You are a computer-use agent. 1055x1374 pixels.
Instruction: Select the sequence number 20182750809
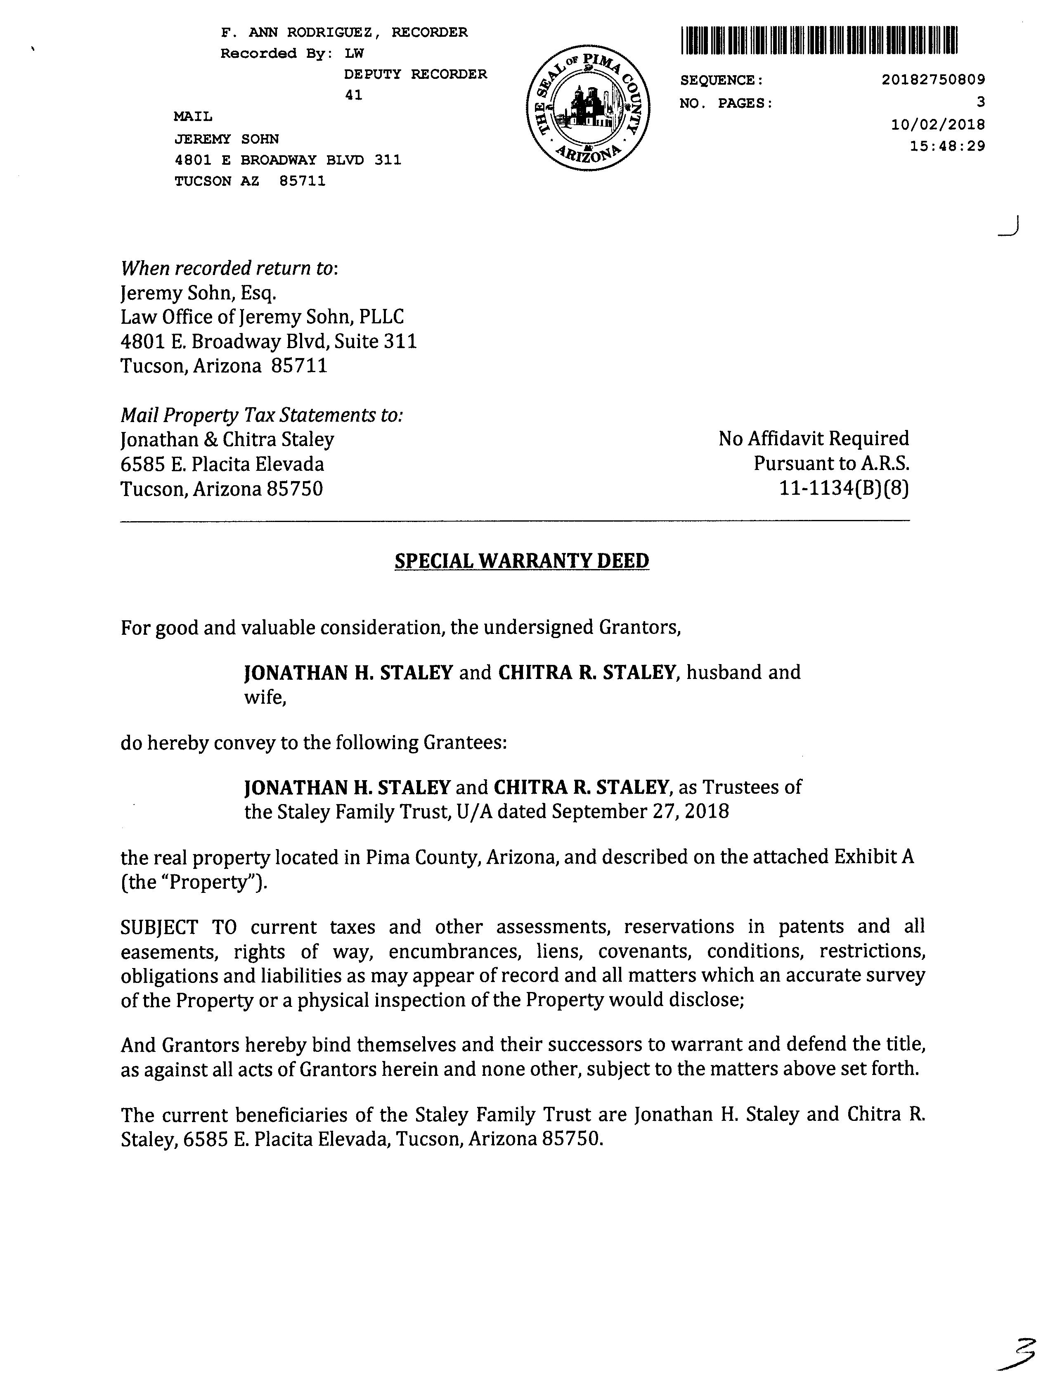(x=933, y=80)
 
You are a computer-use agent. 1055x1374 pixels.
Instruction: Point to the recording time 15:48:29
(x=948, y=146)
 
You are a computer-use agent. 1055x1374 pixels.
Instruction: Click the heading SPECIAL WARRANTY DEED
(x=521, y=560)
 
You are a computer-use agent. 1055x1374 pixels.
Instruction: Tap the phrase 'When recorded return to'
(x=229, y=268)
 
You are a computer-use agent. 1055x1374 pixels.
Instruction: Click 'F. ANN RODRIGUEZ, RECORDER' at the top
(x=344, y=32)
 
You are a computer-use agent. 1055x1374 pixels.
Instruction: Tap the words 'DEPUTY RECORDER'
(x=415, y=74)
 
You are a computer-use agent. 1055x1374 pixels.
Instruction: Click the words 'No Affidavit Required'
(x=813, y=439)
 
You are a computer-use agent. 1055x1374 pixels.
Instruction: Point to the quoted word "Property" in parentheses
(x=213, y=882)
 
